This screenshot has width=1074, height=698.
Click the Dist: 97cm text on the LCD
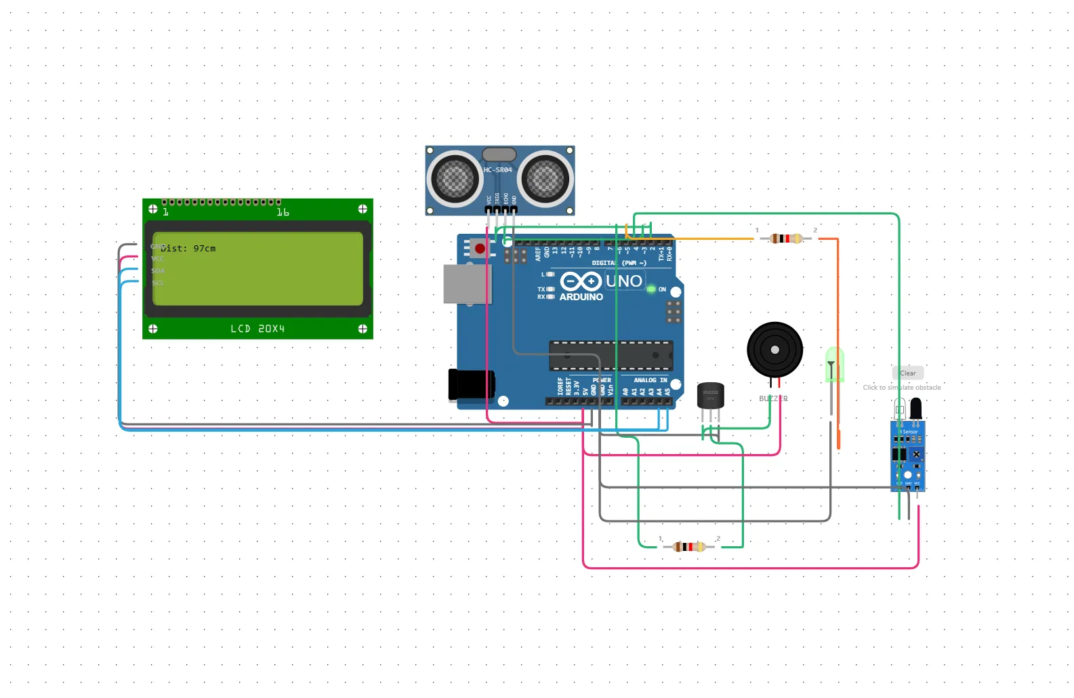coord(188,249)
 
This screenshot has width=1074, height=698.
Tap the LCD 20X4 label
coord(257,329)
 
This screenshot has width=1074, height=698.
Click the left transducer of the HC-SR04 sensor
coord(454,180)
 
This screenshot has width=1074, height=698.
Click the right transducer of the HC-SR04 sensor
coord(545,180)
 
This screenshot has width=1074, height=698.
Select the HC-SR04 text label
coord(497,170)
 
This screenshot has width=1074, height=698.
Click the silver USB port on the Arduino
coord(466,284)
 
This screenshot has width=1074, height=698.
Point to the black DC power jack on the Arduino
coord(470,384)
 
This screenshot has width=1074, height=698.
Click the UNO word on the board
coord(623,281)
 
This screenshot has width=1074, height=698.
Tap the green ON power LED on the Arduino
coord(651,289)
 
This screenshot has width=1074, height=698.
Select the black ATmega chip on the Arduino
coord(611,355)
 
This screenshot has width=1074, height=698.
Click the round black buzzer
coord(774,350)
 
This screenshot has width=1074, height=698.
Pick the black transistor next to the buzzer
coord(710,396)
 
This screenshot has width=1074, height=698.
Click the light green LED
coord(834,365)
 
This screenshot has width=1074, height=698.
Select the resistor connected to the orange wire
coord(786,239)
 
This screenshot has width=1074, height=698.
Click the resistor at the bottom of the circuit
coord(689,547)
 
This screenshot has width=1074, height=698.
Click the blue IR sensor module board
coord(908,455)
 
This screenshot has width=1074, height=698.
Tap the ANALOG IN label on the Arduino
coord(650,380)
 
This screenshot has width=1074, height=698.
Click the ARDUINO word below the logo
coord(581,297)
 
